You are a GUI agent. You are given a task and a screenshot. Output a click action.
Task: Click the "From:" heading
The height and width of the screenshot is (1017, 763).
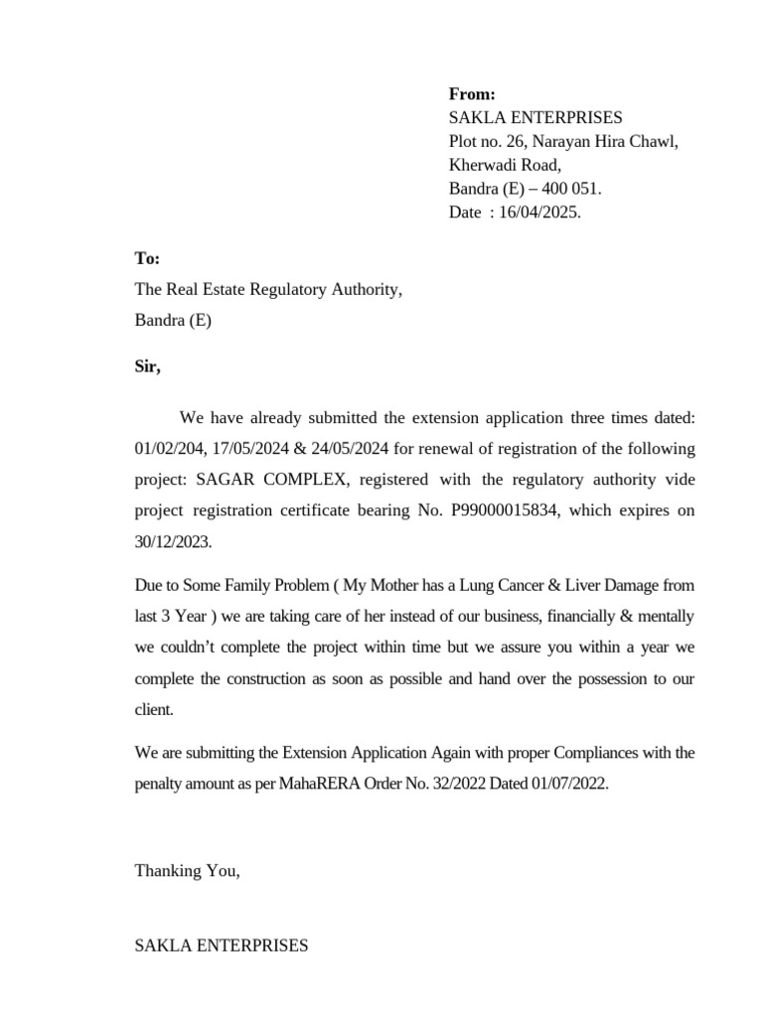coord(472,94)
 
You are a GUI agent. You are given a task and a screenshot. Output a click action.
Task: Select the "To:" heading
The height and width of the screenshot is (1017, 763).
coord(147,258)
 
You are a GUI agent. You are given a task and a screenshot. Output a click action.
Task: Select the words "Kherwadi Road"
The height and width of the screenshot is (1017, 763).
coord(505,165)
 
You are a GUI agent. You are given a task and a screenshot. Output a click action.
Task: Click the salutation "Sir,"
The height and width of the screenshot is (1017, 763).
coord(147,366)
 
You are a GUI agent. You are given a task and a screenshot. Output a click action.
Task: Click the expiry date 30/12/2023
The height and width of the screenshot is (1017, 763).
coord(173,543)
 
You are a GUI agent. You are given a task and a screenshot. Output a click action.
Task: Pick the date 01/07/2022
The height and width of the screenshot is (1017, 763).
coord(567,784)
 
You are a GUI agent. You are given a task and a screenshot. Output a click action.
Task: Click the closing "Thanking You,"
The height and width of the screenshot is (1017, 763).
coord(187,871)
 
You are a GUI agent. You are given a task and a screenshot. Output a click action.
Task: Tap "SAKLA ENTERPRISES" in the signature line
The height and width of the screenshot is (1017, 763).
coord(222,945)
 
